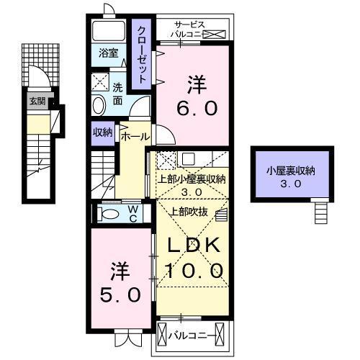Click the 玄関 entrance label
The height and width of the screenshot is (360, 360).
coord(37,102)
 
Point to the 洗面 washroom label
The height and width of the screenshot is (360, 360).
coord(119,93)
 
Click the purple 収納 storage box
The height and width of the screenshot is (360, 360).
coord(102,132)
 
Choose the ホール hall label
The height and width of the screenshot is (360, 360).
coord(135,136)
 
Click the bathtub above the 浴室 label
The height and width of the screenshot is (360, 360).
coord(109,31)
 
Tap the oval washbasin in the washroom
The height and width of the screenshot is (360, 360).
coord(99,105)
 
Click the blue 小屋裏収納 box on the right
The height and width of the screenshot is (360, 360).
coord(291,176)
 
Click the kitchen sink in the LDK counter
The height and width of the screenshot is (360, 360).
coord(186,159)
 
